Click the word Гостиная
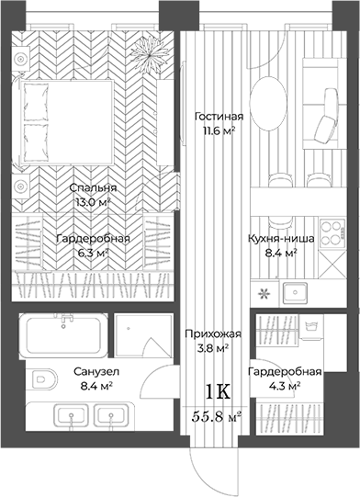pyautogui.click(x=219, y=118)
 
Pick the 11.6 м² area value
pyautogui.click(x=219, y=132)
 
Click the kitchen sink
pyautogui.click(x=296, y=294)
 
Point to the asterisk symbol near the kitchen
pyautogui.click(x=264, y=294)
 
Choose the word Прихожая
pyautogui.click(x=207, y=334)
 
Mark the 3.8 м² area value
pyautogui.click(x=207, y=348)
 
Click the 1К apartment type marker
pyautogui.click(x=217, y=392)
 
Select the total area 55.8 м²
pyautogui.click(x=217, y=415)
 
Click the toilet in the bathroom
pyautogui.click(x=41, y=378)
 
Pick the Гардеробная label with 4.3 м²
pyautogui.click(x=284, y=371)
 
